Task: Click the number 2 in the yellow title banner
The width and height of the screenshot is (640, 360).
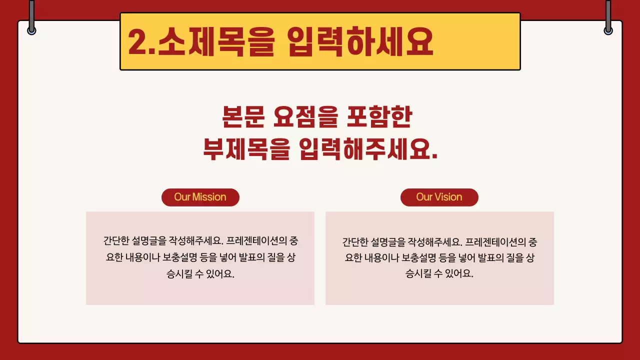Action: [x=138, y=42]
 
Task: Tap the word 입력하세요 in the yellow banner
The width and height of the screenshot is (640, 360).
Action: [x=360, y=42]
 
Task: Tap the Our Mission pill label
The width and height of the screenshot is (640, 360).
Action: [x=200, y=197]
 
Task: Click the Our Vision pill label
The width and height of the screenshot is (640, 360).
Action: [x=439, y=197]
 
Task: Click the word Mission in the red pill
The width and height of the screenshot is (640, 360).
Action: [x=209, y=197]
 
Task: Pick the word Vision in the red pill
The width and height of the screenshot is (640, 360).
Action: [x=448, y=197]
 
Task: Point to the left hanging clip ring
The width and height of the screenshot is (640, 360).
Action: [x=31, y=30]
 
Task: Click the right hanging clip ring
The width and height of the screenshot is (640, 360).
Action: [x=608, y=30]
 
